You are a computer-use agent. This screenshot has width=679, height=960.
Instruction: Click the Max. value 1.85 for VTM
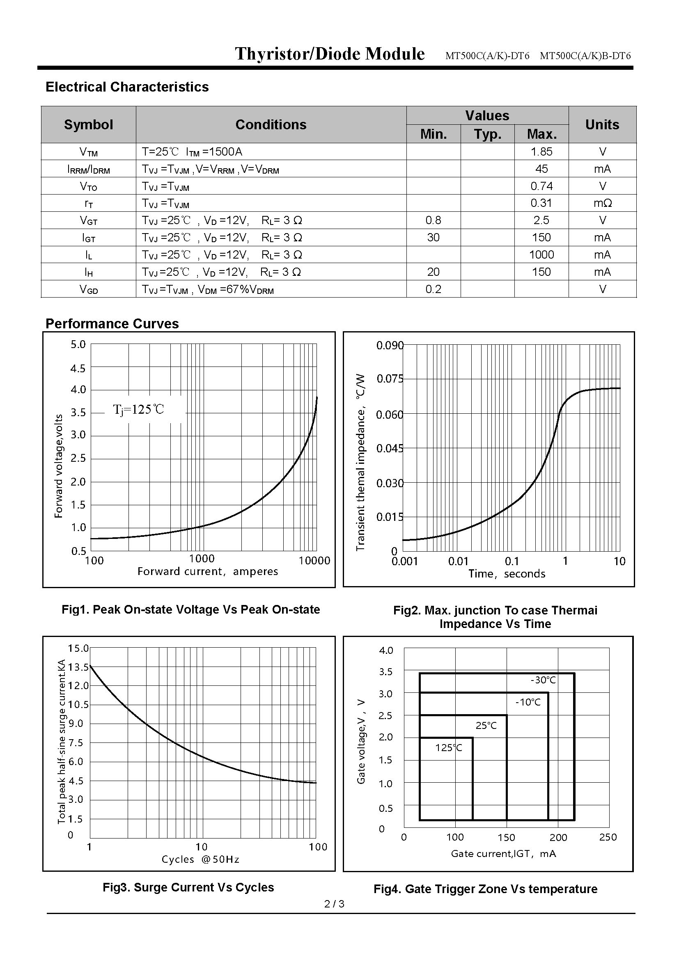pyautogui.click(x=541, y=152)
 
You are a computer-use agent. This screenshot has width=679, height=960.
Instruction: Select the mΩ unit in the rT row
pyautogui.click(x=603, y=203)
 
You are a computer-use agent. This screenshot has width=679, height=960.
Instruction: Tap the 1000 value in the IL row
pyautogui.click(x=541, y=254)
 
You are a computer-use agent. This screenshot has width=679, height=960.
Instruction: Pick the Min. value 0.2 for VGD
pyautogui.click(x=433, y=289)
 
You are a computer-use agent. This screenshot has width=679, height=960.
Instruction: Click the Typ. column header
pyautogui.click(x=488, y=134)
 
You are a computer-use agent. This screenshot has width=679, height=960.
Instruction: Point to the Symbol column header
pyautogui.click(x=88, y=125)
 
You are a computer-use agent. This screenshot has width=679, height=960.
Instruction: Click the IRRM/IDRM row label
pyautogui.click(x=88, y=170)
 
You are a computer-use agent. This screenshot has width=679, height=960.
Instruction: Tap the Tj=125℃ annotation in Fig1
pyautogui.click(x=139, y=409)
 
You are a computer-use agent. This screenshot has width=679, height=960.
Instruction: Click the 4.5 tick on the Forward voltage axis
pyautogui.click(x=78, y=368)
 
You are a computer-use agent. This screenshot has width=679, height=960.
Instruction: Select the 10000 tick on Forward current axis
pyautogui.click(x=314, y=561)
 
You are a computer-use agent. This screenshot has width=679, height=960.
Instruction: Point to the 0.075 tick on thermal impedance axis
pyautogui.click(x=390, y=379)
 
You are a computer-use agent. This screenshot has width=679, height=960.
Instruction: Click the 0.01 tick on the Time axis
pyautogui.click(x=458, y=561)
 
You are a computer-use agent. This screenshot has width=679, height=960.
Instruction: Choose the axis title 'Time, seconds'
pyautogui.click(x=507, y=574)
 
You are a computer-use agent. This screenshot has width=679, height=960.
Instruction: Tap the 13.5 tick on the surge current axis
pyautogui.click(x=78, y=667)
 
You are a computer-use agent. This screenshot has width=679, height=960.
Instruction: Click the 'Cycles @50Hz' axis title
pyautogui.click(x=200, y=859)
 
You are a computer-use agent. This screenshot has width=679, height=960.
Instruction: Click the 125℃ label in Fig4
pyautogui.click(x=449, y=747)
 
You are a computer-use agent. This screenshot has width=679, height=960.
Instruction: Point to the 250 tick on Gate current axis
pyautogui.click(x=608, y=837)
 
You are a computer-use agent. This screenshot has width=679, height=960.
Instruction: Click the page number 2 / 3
pyautogui.click(x=335, y=904)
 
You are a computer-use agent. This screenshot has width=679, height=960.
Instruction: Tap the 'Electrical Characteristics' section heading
pyautogui.click(x=127, y=87)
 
